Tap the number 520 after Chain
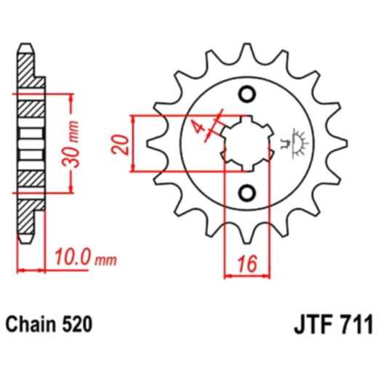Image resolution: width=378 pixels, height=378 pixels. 79,323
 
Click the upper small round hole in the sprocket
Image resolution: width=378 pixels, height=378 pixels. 247,94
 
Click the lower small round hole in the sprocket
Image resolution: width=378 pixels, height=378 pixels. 247,192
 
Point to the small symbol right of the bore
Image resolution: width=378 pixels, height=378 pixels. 296,140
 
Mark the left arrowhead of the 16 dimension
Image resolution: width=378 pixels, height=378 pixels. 227,277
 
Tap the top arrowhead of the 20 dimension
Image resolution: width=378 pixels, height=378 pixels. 132,118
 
